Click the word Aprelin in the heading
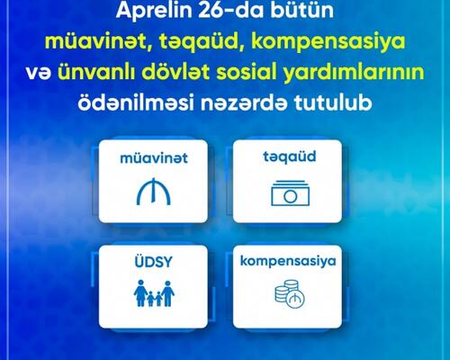point(154,11)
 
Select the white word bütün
point(302,10)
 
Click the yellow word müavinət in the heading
point(97,41)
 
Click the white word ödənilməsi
point(135,103)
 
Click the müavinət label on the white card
point(154,158)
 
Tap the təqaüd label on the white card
point(290,157)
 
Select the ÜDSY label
point(153,261)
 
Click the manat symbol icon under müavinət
point(154,192)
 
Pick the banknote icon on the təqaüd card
point(290,193)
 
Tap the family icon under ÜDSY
point(154,293)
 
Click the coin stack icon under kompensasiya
point(290,294)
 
